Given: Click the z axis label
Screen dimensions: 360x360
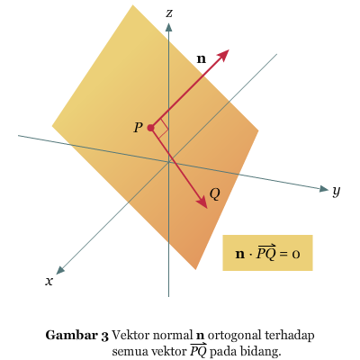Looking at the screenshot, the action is [x=169, y=13].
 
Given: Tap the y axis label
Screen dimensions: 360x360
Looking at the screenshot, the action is [x=337, y=191].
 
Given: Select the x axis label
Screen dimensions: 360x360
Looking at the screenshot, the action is [x=49, y=281].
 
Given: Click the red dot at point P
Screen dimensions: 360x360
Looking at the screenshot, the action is [x=150, y=128].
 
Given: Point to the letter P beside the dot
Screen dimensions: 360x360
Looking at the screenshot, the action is [x=138, y=128].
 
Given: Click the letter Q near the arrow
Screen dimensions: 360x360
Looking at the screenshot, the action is [x=215, y=194].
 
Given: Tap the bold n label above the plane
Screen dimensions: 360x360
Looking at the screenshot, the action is [x=202, y=58].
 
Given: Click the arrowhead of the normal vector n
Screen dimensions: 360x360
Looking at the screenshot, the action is [x=222, y=55].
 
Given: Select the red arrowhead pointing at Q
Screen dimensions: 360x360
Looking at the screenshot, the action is [x=202, y=202].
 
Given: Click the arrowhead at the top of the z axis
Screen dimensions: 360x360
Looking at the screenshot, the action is [x=169, y=27].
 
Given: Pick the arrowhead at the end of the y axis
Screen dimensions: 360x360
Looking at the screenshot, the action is [x=324, y=189].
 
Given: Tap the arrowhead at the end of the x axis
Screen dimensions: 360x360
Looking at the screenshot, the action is [x=60, y=270].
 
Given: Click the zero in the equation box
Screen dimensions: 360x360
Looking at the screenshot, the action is [x=296, y=255].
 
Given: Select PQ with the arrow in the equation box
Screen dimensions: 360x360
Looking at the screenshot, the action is [x=265, y=253].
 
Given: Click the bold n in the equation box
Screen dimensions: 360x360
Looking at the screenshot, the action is [x=240, y=255].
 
